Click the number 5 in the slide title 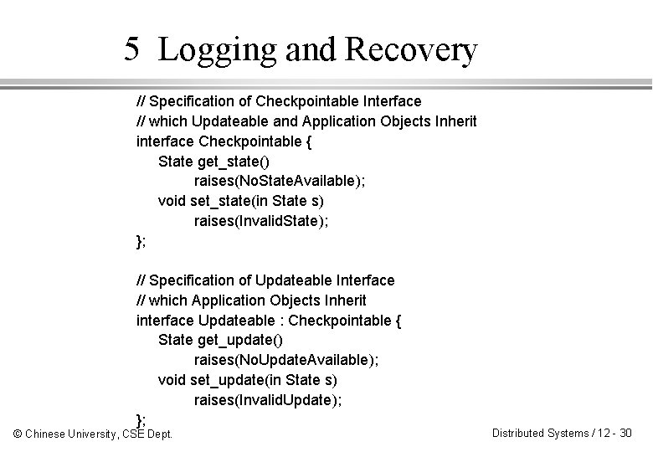pos(131,49)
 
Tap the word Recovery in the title pos(411,51)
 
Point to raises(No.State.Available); pos(278,181)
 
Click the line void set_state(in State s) pos(241,201)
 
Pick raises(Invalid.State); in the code pos(261,221)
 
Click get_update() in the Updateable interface pos(240,340)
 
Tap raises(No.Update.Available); pos(285,360)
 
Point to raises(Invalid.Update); pos(268,400)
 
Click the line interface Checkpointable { pos(224,141)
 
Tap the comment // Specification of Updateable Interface pos(265,280)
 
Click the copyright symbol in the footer pos(18,434)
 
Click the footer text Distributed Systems pos(539,433)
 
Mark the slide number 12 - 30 pos(614,433)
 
